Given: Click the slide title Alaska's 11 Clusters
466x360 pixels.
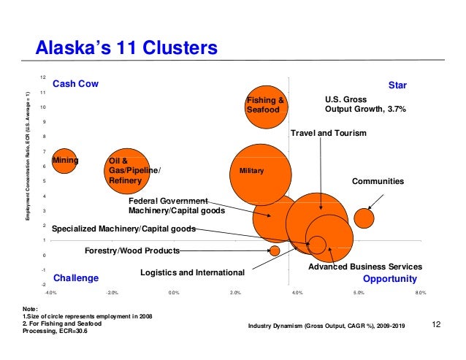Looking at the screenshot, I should [127, 48].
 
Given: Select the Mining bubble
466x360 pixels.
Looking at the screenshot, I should [64, 159].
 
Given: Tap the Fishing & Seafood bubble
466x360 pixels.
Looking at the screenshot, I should [264, 104].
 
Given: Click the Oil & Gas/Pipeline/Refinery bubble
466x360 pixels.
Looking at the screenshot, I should [126, 171].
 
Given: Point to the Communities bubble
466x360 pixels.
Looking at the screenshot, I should [364, 217].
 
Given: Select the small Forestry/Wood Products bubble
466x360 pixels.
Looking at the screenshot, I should [275, 250].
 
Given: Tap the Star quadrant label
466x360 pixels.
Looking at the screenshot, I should [397, 85].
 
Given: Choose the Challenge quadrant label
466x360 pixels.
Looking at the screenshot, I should [76, 278].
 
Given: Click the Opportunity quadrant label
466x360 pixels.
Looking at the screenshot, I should [390, 279].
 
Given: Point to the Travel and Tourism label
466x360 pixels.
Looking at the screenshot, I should [329, 134].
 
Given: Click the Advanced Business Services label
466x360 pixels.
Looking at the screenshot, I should [365, 267].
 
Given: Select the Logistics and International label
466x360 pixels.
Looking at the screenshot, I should [192, 272].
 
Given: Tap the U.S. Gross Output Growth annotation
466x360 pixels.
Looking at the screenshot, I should [364, 104].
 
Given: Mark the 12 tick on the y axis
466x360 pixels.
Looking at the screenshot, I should [43, 77].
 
